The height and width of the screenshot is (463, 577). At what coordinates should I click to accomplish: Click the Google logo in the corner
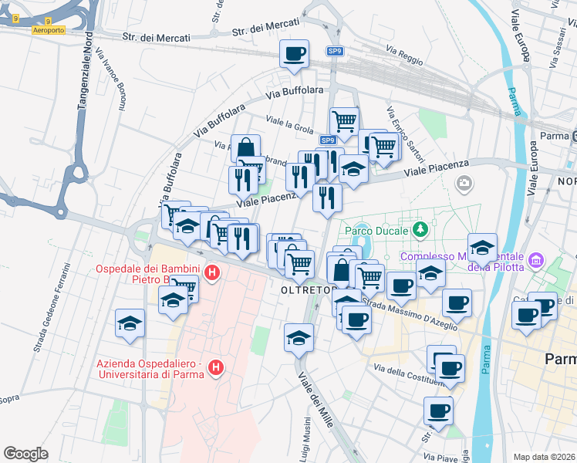pyautogui.click(x=25, y=454)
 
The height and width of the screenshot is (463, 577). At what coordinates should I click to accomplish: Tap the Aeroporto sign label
pyautogui.click(x=49, y=30)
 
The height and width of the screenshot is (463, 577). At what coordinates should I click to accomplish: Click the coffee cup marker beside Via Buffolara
pyautogui.click(x=294, y=54)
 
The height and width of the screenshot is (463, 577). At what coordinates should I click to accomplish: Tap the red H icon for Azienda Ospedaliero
pyautogui.click(x=217, y=369)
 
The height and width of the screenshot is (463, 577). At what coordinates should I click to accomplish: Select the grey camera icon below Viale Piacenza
pyautogui.click(x=464, y=183)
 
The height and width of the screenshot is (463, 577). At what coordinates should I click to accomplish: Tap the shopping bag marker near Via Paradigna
pyautogui.click(x=245, y=148)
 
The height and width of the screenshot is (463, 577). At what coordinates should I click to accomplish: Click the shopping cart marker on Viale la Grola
pyautogui.click(x=344, y=120)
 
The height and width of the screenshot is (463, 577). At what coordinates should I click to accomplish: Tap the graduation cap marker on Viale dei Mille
pyautogui.click(x=299, y=337)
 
